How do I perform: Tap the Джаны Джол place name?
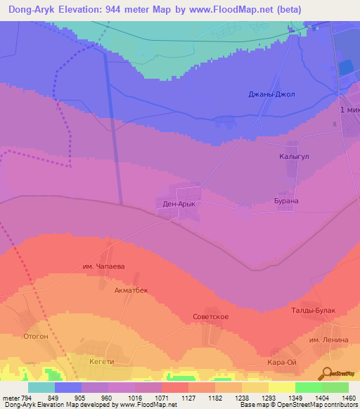271,94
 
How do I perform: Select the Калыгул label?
293,157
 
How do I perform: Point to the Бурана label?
286,201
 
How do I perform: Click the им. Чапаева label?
103,266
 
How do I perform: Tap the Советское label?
211,317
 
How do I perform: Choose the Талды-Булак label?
313,310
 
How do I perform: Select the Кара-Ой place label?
281,362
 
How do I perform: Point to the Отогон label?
35,336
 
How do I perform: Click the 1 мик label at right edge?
349,111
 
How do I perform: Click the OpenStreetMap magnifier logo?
327,373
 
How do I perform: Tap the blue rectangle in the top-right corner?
345,68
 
